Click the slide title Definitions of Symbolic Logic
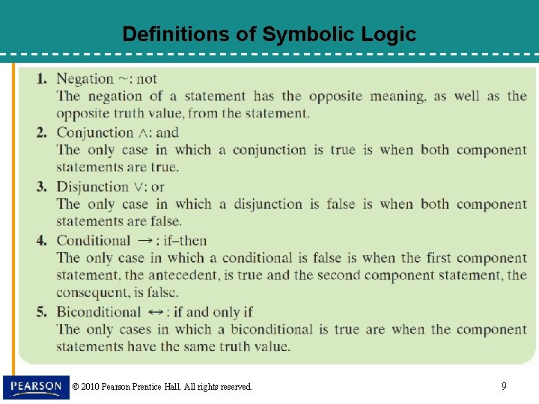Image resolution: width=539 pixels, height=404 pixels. coord(269,34)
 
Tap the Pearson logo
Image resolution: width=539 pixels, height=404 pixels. coord(36,386)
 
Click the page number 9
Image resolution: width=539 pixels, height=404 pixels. coord(504,386)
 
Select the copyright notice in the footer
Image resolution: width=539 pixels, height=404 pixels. coord(162,387)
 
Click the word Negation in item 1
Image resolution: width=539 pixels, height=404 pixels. coord(84,79)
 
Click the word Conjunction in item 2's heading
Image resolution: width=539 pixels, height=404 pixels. coord(95,132)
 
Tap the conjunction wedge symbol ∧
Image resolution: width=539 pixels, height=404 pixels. coord(144,133)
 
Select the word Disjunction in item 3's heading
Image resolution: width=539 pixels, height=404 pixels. coord(93,186)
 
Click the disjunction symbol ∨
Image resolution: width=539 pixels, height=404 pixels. coord(139,187)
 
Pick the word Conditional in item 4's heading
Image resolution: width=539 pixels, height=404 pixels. coord(94,240)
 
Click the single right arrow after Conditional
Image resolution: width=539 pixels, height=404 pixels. coord(145,240)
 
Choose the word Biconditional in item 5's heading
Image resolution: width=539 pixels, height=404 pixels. coord(99,312)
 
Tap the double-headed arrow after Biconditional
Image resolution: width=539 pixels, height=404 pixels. coord(156,312)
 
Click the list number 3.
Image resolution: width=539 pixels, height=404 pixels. coord(42,186)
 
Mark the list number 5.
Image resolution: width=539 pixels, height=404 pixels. coord(42,312)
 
